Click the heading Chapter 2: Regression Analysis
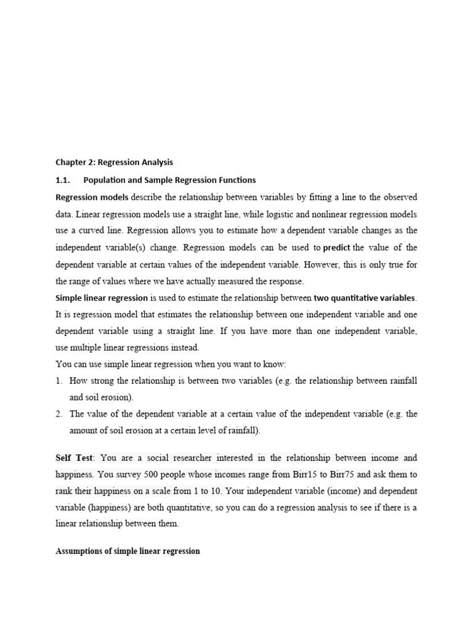tap(115, 163)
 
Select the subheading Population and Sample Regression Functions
tap(169, 180)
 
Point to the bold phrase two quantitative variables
tap(365, 298)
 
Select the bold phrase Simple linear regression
tap(102, 298)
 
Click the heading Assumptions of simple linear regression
tap(127, 551)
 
